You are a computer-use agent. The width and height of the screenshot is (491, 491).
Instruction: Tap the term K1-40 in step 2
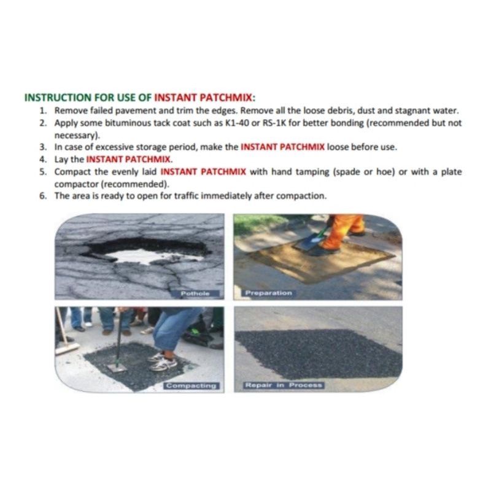pyautogui.click(x=237, y=123)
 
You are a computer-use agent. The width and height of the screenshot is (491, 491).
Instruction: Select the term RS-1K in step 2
pyautogui.click(x=274, y=123)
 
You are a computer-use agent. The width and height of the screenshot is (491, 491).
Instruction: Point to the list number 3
pyautogui.click(x=43, y=147)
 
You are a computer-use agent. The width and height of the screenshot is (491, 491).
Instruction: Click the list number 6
pyautogui.click(x=43, y=196)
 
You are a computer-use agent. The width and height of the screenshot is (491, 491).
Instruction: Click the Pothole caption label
pyautogui.click(x=195, y=294)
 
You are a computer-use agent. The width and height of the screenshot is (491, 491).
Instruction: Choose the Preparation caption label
pyautogui.click(x=268, y=293)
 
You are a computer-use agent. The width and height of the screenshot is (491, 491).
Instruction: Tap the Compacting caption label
pyautogui.click(x=191, y=386)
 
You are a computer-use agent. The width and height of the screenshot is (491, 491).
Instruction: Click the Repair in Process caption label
pyautogui.click(x=284, y=385)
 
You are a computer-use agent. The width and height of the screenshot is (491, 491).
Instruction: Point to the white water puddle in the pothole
pyautogui.click(x=153, y=256)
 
